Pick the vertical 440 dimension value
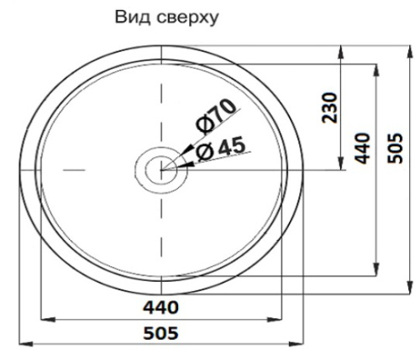363,147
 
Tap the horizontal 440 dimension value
160,308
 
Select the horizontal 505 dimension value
160,333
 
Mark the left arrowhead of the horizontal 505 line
23,344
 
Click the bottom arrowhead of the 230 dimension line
340,164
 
